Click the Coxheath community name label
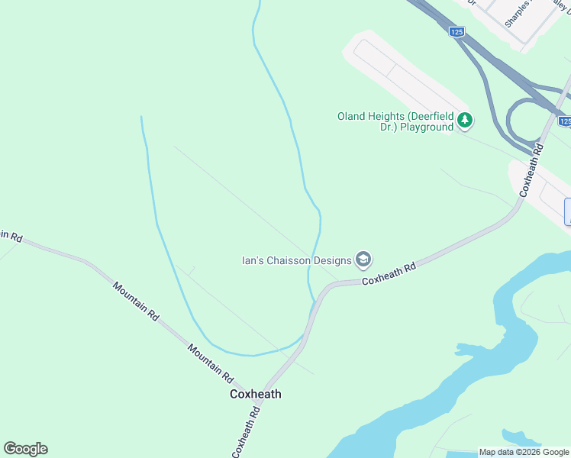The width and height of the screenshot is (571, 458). click(256, 395)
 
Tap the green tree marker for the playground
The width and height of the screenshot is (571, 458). click(464, 120)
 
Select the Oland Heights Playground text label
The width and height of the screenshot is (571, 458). click(395, 121)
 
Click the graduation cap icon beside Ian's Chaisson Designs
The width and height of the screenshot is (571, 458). click(363, 260)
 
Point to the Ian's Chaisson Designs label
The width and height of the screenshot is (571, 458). click(293, 260)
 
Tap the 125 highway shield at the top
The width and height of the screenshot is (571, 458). click(456, 32)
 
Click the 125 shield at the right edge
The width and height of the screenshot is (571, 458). click(564, 121)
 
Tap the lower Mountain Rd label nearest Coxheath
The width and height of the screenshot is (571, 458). click(211, 363)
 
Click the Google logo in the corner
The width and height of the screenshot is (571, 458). click(25, 449)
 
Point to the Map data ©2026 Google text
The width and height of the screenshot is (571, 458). click(524, 452)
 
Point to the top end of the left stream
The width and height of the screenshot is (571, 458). click(141, 117)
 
